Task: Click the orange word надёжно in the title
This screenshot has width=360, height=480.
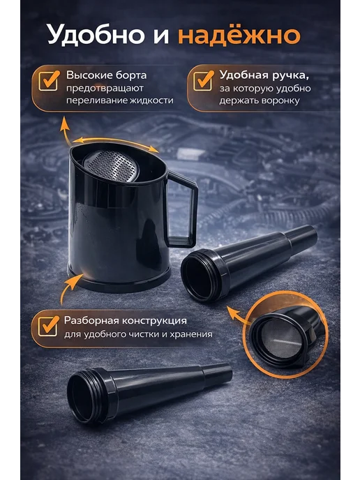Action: pyautogui.click(x=239, y=36)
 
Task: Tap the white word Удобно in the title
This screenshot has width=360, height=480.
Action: pyautogui.click(x=96, y=34)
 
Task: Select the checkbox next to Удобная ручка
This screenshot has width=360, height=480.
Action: pyautogui.click(x=203, y=81)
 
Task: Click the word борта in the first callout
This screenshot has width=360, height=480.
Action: pyautogui.click(x=131, y=75)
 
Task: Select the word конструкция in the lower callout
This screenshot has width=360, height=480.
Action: pyautogui.click(x=154, y=321)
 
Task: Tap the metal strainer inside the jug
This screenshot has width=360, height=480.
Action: pyautogui.click(x=112, y=165)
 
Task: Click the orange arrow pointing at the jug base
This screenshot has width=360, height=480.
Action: pyautogui.click(x=70, y=287)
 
